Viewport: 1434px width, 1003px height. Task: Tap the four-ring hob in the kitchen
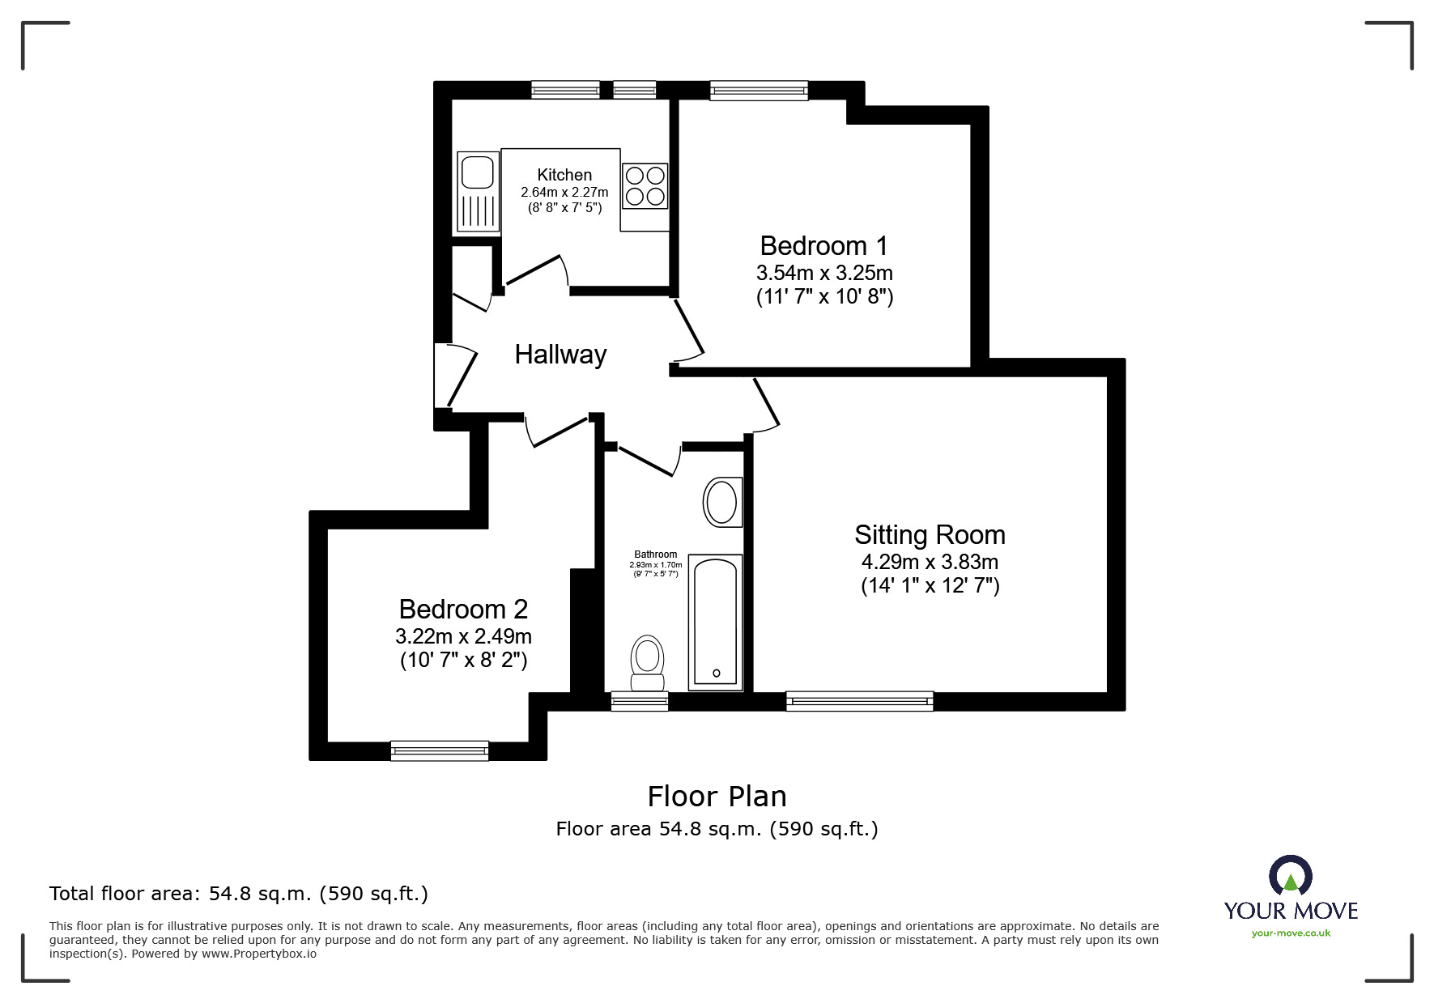click(x=645, y=185)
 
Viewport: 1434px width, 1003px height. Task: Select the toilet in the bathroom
click(x=647, y=663)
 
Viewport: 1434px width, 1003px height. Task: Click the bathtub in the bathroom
click(x=715, y=622)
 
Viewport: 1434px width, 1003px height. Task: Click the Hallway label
click(x=560, y=355)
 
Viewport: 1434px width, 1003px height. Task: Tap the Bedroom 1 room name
click(x=823, y=245)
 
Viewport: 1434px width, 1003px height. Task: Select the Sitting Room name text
click(x=930, y=534)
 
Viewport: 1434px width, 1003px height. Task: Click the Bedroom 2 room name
click(x=463, y=609)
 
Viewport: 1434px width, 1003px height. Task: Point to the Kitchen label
click(x=564, y=175)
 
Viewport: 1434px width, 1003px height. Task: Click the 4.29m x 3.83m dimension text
click(x=930, y=562)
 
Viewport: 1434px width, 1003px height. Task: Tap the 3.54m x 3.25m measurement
click(x=824, y=273)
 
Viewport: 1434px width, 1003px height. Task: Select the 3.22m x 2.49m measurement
click(x=463, y=636)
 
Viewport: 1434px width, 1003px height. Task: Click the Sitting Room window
click(x=859, y=701)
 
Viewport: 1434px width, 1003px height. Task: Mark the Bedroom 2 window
click(x=440, y=750)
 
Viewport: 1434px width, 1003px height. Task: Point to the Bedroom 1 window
click(x=759, y=91)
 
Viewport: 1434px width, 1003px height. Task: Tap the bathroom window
click(x=639, y=701)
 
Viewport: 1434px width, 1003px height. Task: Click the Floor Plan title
click(x=717, y=797)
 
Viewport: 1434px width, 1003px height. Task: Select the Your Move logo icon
click(x=1290, y=877)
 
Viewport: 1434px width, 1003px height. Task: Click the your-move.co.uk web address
click(x=1291, y=933)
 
